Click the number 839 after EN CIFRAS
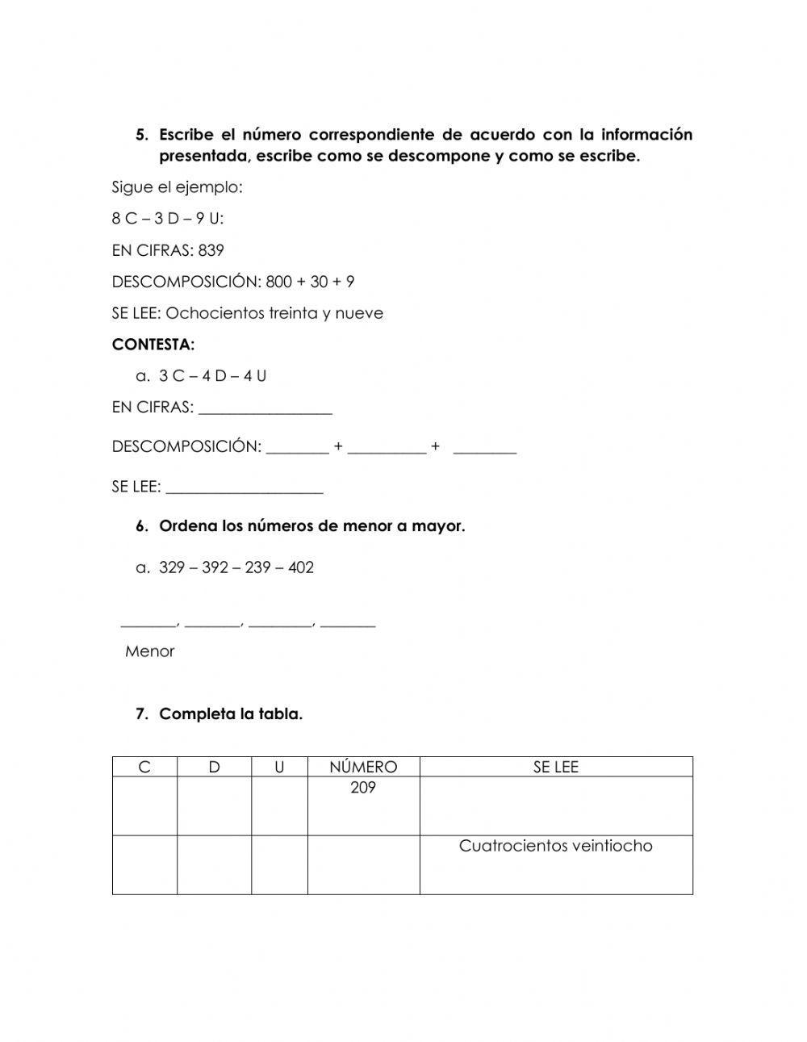(211, 250)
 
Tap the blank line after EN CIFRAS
(265, 409)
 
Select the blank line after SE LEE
(244, 488)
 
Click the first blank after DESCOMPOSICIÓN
(297, 448)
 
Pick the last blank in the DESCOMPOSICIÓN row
(484, 448)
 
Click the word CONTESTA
(153, 345)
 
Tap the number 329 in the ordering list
(172, 567)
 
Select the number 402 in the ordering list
(300, 567)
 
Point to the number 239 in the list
(257, 567)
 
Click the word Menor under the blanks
(149, 651)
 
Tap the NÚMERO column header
(363, 767)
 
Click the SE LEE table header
(555, 767)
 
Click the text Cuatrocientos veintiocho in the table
(555, 846)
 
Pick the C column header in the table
(144, 767)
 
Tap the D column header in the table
(214, 767)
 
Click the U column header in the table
(279, 767)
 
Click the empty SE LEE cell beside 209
(555, 806)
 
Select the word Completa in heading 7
(190, 714)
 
